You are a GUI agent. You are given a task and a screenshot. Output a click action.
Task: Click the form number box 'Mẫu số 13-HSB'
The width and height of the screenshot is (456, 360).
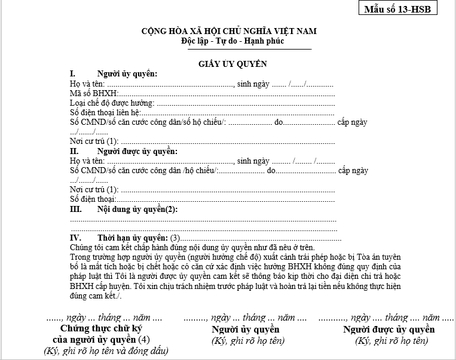pyautogui.click(x=397, y=9)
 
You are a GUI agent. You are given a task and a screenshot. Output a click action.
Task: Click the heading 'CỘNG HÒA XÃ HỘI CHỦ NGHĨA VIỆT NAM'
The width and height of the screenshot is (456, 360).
pyautogui.click(x=229, y=31)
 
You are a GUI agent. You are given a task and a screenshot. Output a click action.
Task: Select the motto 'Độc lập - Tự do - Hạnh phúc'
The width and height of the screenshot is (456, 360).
pyautogui.click(x=233, y=41)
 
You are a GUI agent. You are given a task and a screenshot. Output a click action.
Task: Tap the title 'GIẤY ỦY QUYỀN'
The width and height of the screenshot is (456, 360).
pyautogui.click(x=233, y=63)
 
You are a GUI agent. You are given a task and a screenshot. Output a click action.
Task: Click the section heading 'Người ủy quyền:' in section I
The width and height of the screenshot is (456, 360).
pyautogui.click(x=127, y=73)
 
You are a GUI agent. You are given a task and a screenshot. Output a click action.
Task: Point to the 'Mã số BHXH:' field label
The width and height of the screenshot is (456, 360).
pyautogui.click(x=94, y=93)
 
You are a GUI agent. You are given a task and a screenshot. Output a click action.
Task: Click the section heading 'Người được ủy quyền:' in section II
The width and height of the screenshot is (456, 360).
pyautogui.click(x=137, y=151)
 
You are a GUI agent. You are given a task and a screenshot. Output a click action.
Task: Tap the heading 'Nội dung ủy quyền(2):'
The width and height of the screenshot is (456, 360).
pyautogui.click(x=137, y=210)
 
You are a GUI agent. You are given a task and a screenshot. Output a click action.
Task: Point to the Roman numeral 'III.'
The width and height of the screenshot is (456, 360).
pyautogui.click(x=76, y=210)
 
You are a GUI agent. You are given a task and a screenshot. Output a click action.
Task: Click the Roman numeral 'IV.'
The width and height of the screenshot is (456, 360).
pyautogui.click(x=75, y=238)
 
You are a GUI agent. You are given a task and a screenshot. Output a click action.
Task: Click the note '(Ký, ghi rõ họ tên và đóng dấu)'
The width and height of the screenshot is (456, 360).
pyautogui.click(x=106, y=351)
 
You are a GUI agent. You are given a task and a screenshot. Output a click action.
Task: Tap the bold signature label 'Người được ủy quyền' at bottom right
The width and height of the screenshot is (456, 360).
pyautogui.click(x=389, y=330)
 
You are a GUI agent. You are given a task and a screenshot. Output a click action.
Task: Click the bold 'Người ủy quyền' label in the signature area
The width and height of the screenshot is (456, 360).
pyautogui.click(x=246, y=330)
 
